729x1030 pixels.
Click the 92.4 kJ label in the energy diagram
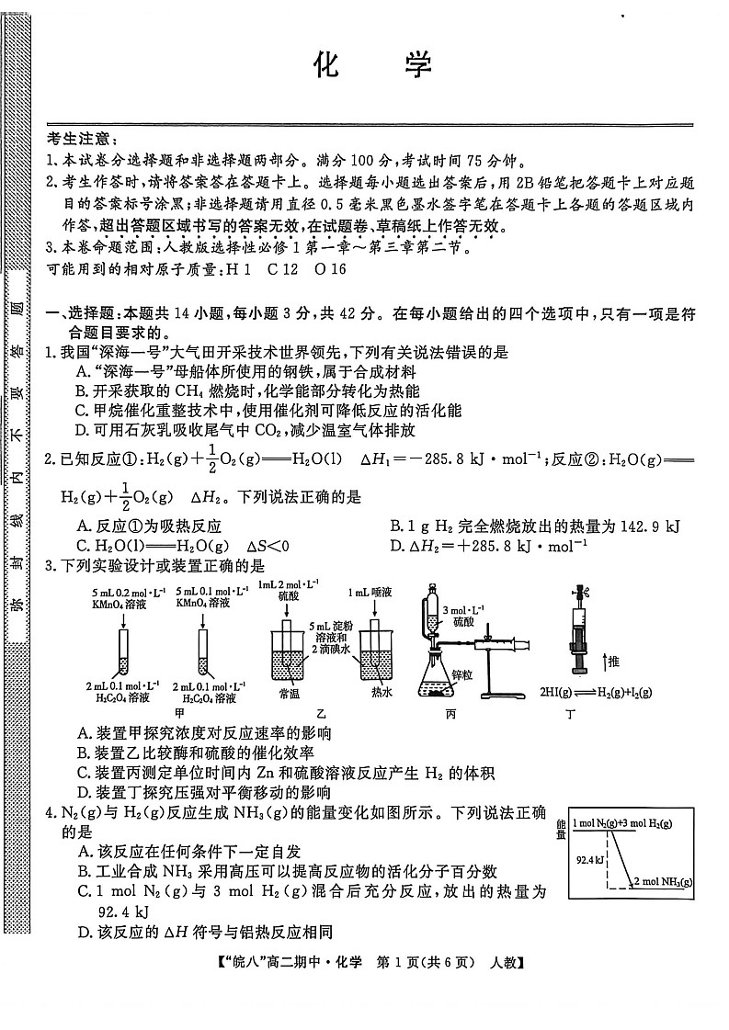pyautogui.click(x=588, y=860)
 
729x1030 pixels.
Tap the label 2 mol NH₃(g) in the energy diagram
pyautogui.click(x=662, y=882)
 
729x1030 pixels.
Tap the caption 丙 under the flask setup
pyautogui.click(x=450, y=712)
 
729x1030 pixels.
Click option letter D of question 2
pyautogui.click(x=397, y=545)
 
